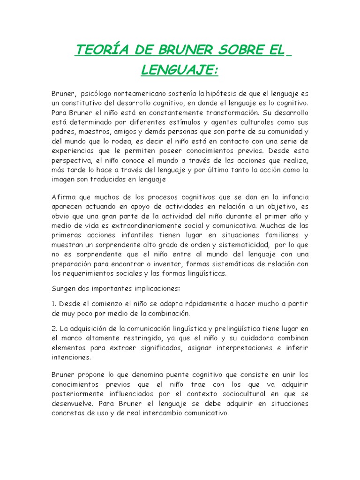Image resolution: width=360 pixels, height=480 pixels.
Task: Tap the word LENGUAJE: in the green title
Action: pyautogui.click(x=180, y=70)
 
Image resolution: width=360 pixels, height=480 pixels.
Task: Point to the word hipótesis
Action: pyautogui.click(x=227, y=94)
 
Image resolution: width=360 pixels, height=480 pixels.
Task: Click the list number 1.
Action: pyautogui.click(x=53, y=303)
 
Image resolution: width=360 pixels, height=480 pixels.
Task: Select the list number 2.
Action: pyautogui.click(x=54, y=328)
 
